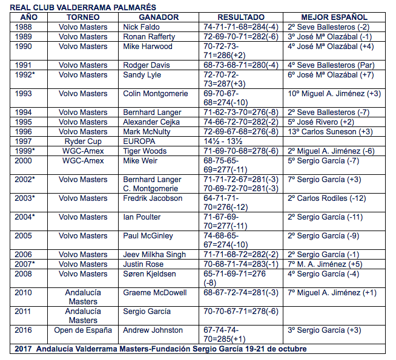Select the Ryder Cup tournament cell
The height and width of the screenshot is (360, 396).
click(x=82, y=140)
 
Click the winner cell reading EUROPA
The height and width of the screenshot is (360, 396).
click(x=139, y=140)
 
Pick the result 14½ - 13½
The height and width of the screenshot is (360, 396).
click(x=223, y=140)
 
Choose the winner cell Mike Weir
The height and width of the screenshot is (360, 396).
click(x=140, y=160)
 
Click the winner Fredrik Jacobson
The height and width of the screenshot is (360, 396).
click(x=153, y=198)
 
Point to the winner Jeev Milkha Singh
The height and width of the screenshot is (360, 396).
click(x=154, y=255)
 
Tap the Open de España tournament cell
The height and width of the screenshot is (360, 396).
click(x=82, y=330)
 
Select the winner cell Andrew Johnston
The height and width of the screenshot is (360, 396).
click(x=153, y=330)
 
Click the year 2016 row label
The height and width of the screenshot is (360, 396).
click(x=24, y=330)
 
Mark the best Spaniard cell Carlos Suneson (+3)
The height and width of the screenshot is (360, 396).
click(x=330, y=131)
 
